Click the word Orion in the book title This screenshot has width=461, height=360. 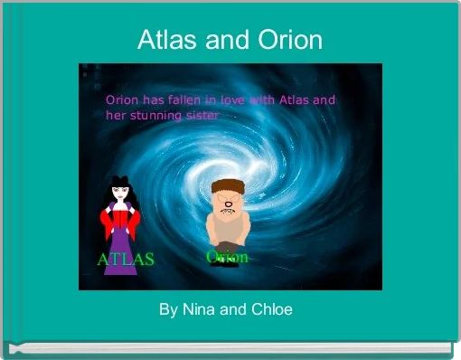pyautogui.click(x=289, y=40)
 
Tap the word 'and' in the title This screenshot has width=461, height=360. pyautogui.click(x=230, y=40)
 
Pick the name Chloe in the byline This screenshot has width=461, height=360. pyautogui.click(x=271, y=310)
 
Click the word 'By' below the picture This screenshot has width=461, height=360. pyautogui.click(x=168, y=310)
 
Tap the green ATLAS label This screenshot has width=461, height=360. pyautogui.click(x=126, y=260)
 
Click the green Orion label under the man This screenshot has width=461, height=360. pyautogui.click(x=227, y=257)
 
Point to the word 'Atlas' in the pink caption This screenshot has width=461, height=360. pyautogui.click(x=296, y=100)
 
